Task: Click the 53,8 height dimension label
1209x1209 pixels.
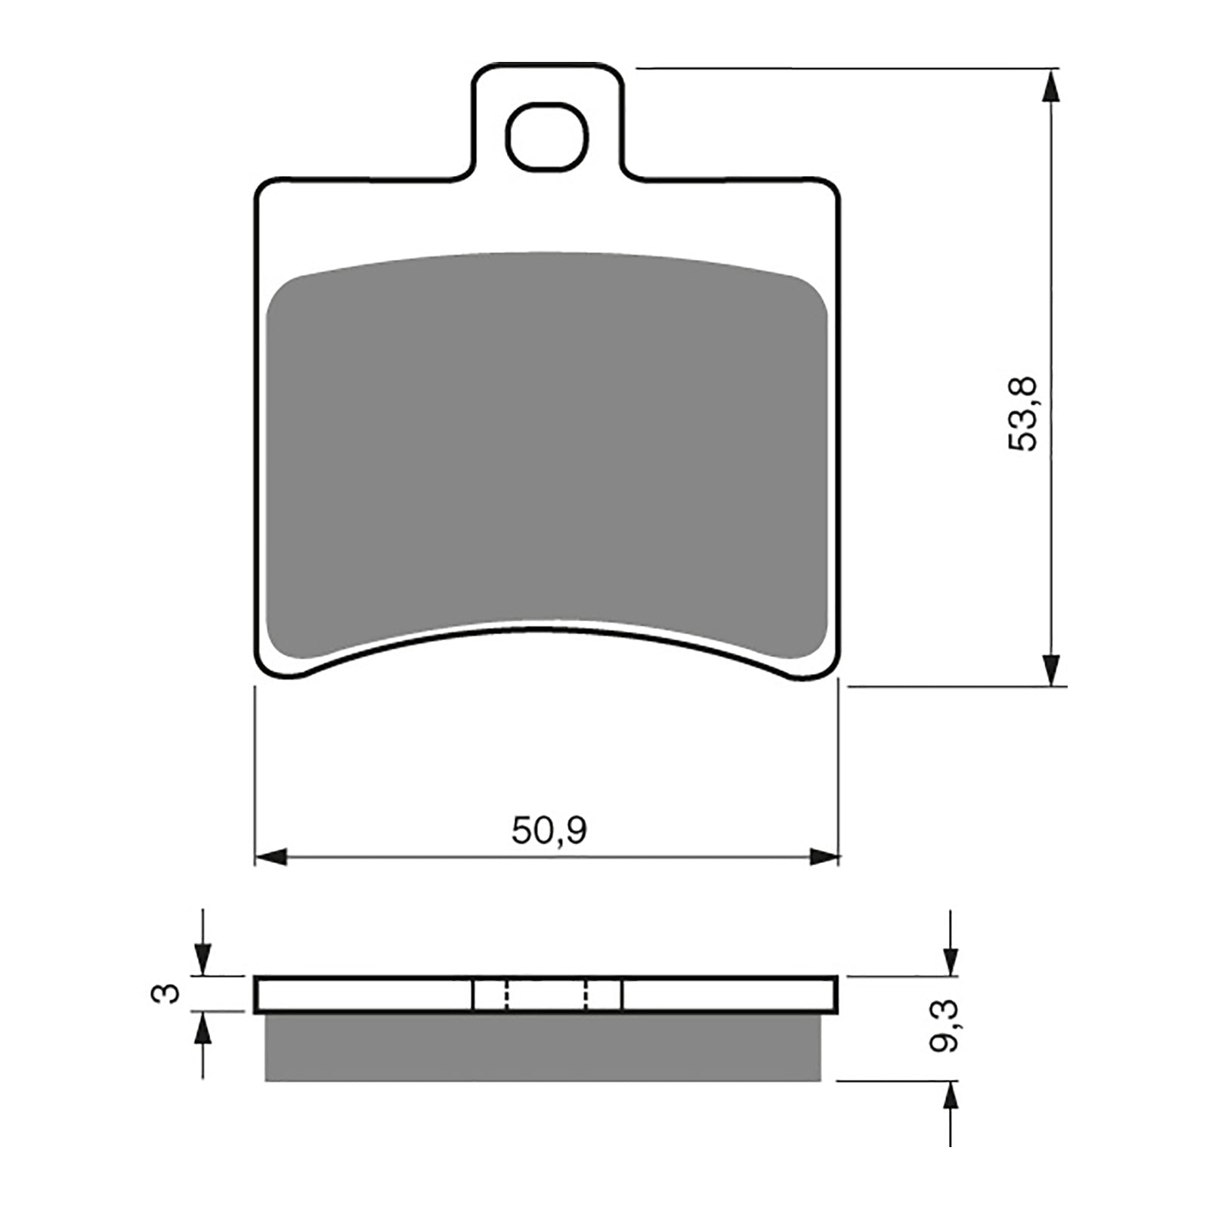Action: (x=1025, y=415)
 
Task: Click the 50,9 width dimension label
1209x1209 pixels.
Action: (x=549, y=831)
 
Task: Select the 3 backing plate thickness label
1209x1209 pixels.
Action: (x=167, y=993)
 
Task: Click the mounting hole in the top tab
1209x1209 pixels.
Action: (x=547, y=136)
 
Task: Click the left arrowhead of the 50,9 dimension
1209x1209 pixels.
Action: (x=272, y=857)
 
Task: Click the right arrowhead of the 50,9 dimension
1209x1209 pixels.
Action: (x=824, y=857)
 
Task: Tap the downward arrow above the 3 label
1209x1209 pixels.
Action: (x=203, y=960)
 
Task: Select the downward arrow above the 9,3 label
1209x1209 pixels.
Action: (x=951, y=960)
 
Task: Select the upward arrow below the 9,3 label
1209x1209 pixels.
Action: (x=951, y=1099)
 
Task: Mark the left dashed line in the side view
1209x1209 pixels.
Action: (x=507, y=994)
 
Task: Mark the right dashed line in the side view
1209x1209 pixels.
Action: (x=587, y=994)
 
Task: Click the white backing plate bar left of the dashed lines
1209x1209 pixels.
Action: (x=363, y=994)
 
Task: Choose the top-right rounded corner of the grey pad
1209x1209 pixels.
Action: (x=809, y=291)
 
